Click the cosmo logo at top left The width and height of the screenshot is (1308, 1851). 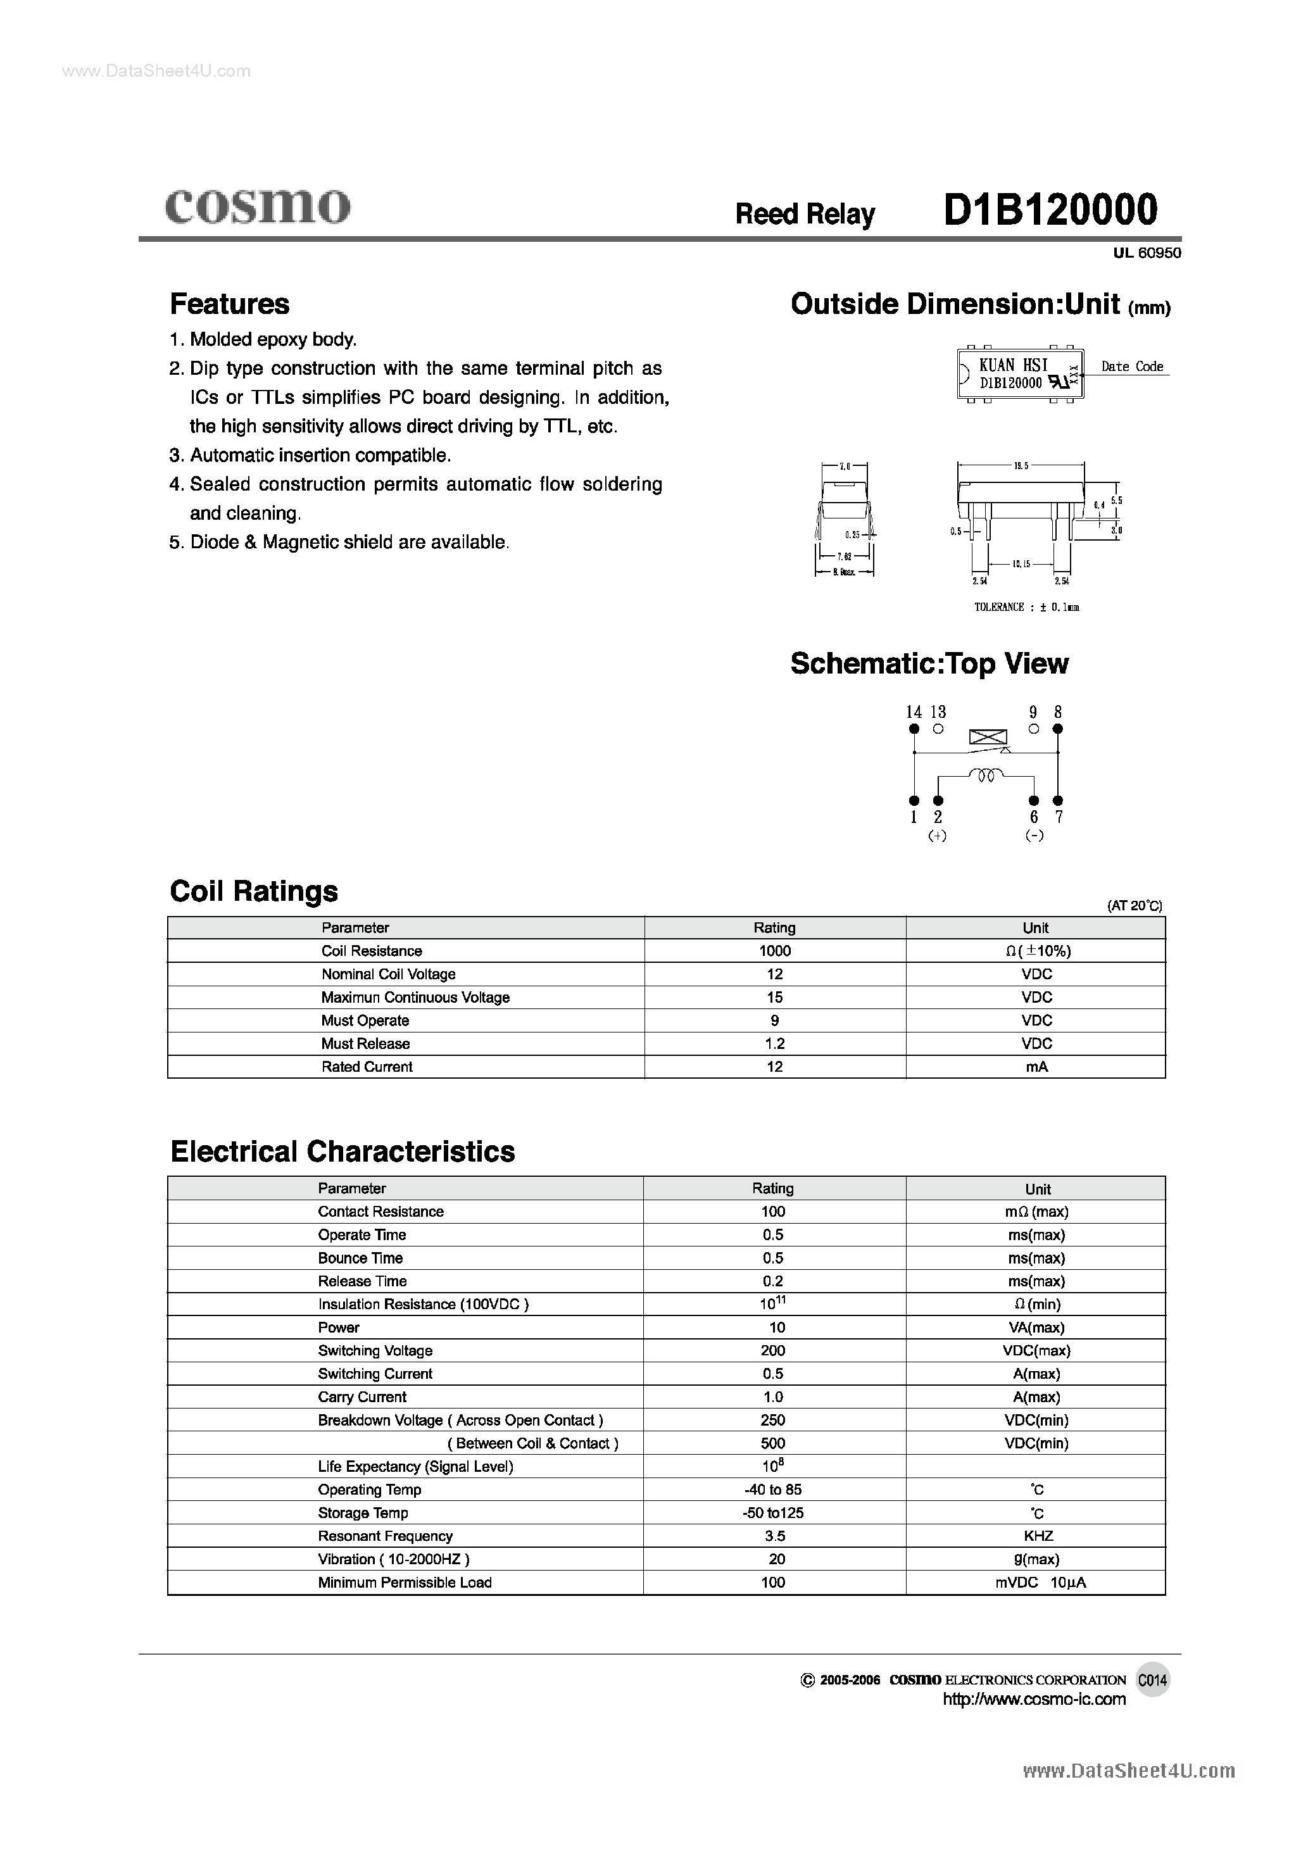pos(257,206)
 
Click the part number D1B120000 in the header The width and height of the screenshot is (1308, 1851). pos(1050,210)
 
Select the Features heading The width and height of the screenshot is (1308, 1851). pos(230,304)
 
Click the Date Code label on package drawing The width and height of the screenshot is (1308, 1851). pos(1132,367)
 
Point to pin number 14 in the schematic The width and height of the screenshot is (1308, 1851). pos(914,712)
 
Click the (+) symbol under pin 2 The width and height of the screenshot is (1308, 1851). pos(937,836)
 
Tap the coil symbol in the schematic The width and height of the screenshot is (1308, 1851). pos(986,775)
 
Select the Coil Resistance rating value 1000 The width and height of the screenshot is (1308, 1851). pos(775,951)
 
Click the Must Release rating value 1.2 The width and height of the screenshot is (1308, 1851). pos(775,1044)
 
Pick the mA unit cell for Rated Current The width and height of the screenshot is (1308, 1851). pos(1036,1067)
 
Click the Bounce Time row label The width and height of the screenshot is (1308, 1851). pos(360,1258)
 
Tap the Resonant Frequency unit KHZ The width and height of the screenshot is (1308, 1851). pos(1038,1536)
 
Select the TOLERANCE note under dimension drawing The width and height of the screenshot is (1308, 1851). pos(1026,607)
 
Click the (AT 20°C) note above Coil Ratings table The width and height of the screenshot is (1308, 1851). pos(1135,906)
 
